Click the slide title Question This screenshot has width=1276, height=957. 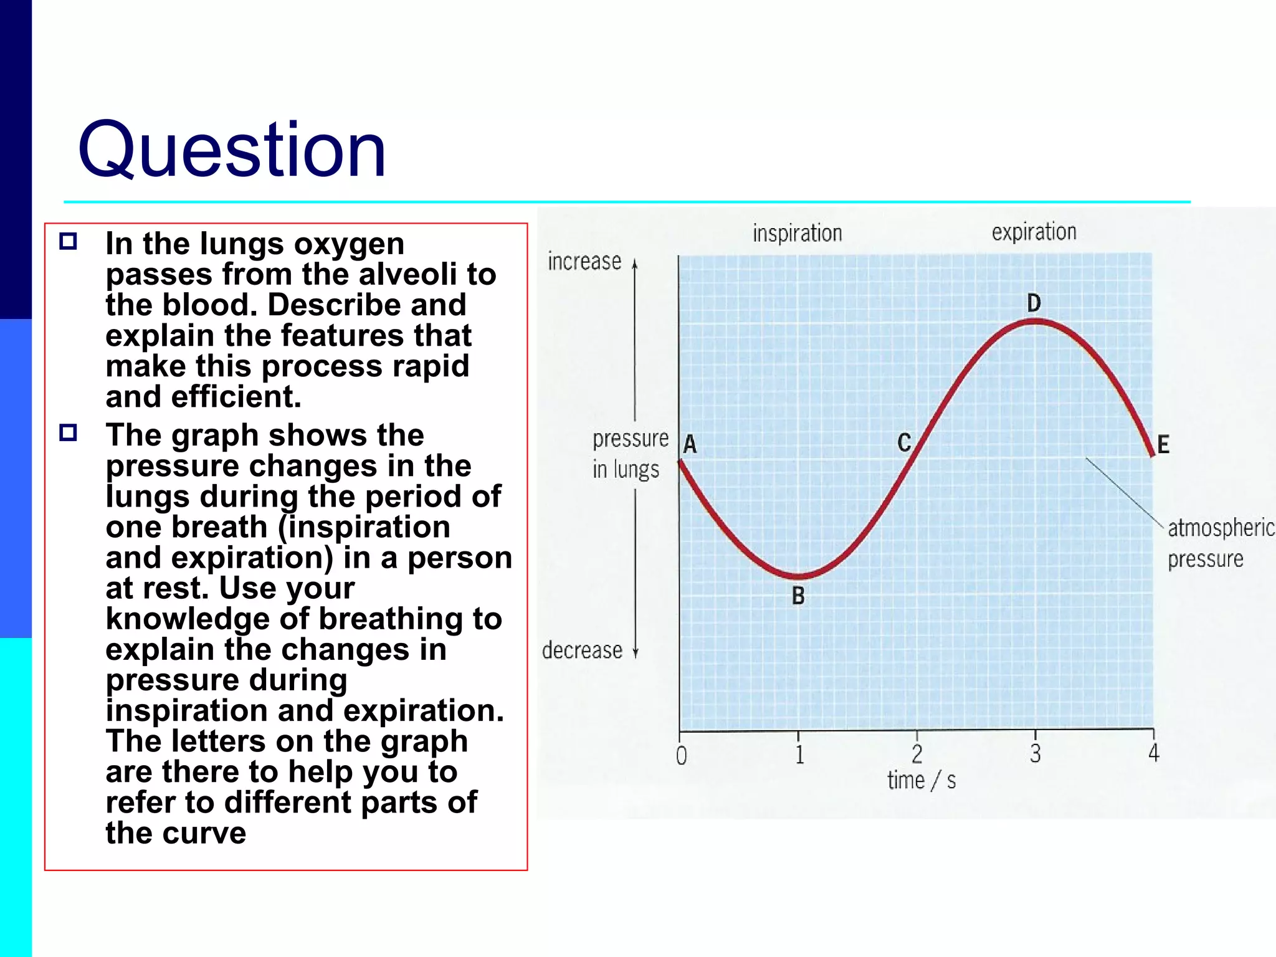[x=232, y=151]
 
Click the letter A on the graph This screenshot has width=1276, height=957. [x=690, y=445]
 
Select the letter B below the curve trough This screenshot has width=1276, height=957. [x=798, y=596]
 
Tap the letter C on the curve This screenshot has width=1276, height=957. [x=904, y=443]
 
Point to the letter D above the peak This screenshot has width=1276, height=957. [x=1034, y=303]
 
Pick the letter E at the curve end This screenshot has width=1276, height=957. [x=1163, y=445]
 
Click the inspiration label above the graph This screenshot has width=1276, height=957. [x=797, y=234]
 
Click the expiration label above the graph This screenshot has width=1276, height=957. [x=1034, y=232]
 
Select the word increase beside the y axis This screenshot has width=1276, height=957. [x=584, y=262]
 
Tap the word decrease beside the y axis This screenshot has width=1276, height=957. [x=582, y=651]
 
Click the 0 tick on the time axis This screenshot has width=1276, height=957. [x=682, y=756]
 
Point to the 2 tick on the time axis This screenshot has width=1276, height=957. [x=917, y=755]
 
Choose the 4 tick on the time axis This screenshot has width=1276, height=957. [x=1154, y=753]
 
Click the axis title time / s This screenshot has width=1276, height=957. [x=921, y=781]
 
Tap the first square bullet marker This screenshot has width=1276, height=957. [x=68, y=242]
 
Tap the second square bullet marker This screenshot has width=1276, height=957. [x=68, y=433]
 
